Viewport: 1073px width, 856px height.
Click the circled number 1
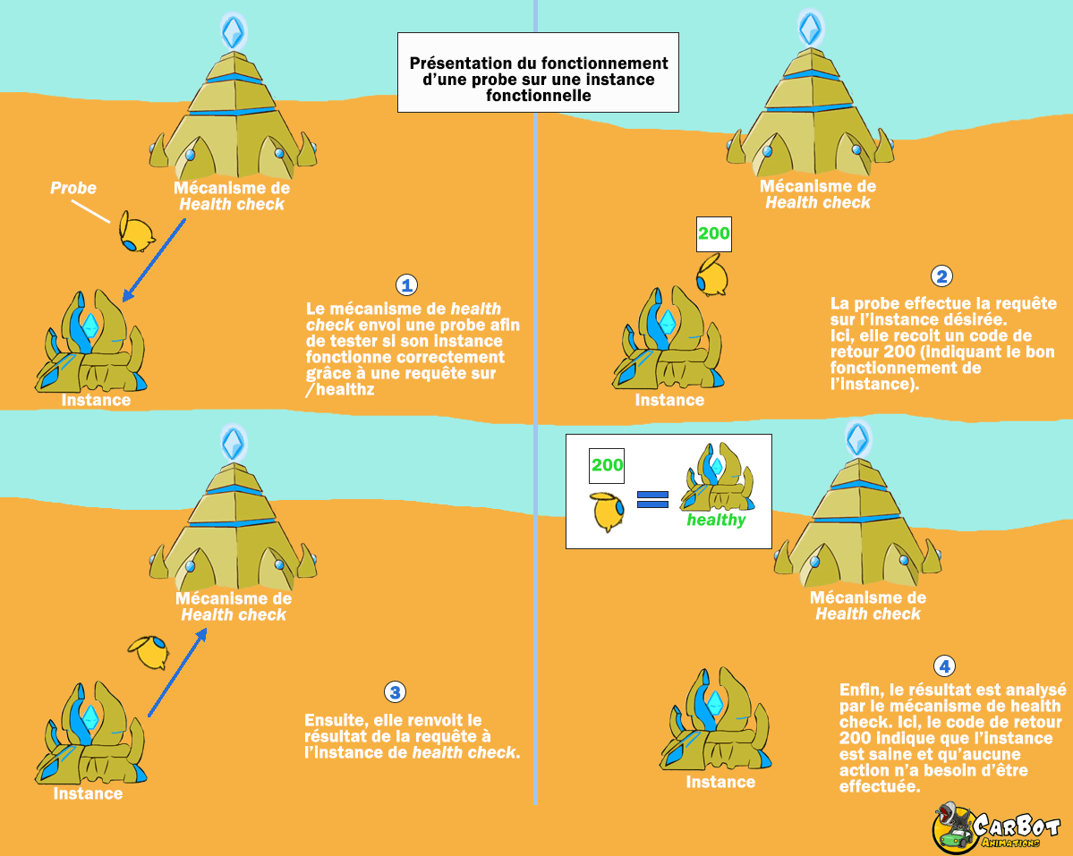tap(407, 285)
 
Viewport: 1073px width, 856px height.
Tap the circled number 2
tap(941, 276)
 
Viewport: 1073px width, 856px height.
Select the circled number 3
tap(395, 692)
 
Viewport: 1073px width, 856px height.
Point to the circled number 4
tap(943, 666)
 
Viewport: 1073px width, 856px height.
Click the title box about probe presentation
tap(538, 72)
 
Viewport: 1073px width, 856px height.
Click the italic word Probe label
tap(73, 188)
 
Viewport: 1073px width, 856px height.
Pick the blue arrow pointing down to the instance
tap(154, 259)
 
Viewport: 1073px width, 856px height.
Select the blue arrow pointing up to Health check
tap(177, 671)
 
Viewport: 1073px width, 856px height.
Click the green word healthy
tap(716, 520)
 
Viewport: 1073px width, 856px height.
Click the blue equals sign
tap(653, 499)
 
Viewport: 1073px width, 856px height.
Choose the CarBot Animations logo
tap(996, 826)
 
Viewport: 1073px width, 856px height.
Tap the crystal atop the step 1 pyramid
tap(234, 33)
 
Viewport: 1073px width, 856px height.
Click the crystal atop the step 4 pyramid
tap(857, 438)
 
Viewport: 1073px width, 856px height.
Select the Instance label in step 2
tap(669, 400)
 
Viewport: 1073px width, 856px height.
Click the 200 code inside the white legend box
tap(607, 465)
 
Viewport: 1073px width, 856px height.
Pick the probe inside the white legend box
tap(609, 511)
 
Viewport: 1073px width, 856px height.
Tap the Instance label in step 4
tap(720, 782)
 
